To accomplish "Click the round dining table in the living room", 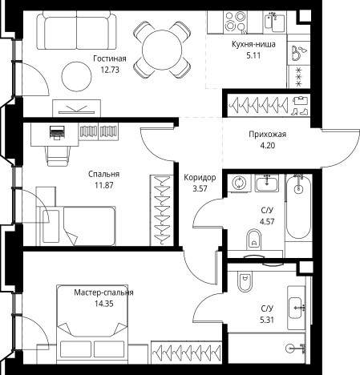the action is tap(162, 50).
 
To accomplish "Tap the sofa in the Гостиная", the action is tap(77, 30).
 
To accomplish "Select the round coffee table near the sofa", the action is tap(76, 77).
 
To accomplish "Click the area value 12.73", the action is tap(110, 70).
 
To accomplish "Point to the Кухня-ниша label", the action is tap(253, 44).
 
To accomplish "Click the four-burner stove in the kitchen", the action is tap(235, 22).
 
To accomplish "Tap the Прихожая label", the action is tap(267, 134).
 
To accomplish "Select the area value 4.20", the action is tap(268, 146).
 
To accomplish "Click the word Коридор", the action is tap(200, 177).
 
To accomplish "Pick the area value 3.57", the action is tap(200, 188).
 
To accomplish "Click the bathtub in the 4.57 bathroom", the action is tap(298, 206).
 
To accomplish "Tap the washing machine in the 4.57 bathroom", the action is tap(238, 183).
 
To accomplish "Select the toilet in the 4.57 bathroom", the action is tap(253, 239).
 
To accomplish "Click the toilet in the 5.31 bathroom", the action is tap(245, 282).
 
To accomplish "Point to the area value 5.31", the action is tap(267, 320).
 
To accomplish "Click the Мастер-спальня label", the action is tap(103, 292).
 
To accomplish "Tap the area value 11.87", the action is tap(104, 185).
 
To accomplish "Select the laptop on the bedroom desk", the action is tap(57, 132).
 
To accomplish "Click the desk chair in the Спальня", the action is tap(57, 155).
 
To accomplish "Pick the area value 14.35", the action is tap(104, 304).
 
